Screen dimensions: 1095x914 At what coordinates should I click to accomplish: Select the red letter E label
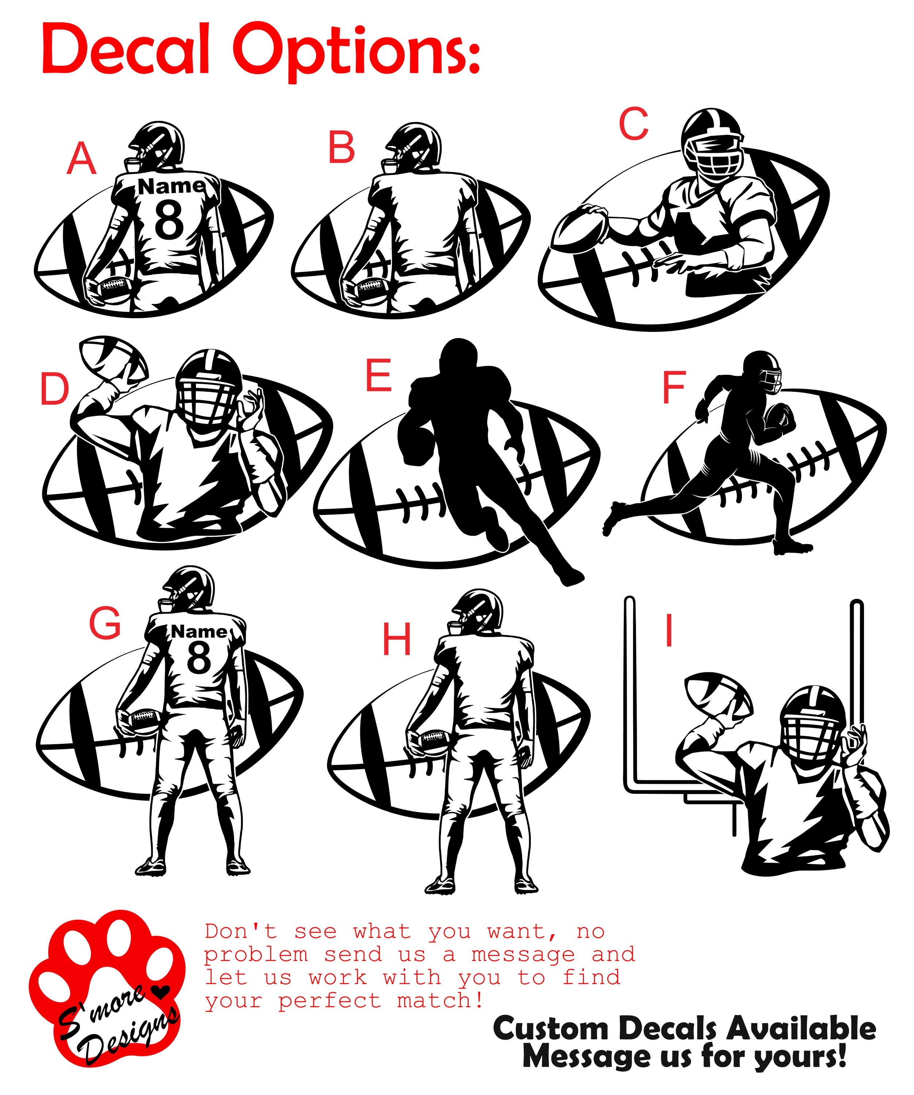tap(378, 376)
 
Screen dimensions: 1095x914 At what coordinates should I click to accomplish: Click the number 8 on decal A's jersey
tap(169, 219)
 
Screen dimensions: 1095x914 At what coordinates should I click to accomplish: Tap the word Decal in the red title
tap(125, 52)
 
